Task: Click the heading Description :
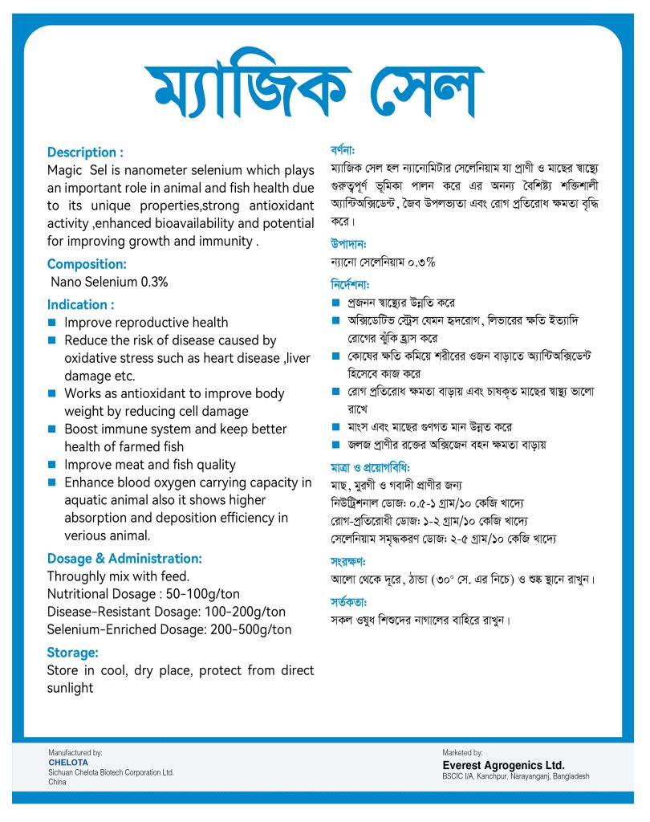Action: pos(85,152)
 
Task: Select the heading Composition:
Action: pos(87,264)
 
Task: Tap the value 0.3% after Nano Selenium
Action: pos(154,282)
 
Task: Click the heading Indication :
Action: pos(80,304)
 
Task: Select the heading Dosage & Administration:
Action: pos(124,558)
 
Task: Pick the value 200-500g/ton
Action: pos(253,629)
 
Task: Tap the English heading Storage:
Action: pos(72,652)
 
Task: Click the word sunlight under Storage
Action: pos(70,688)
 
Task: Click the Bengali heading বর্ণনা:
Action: pos(343,150)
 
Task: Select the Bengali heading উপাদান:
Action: pos(348,243)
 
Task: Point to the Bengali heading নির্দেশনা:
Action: pos(350,284)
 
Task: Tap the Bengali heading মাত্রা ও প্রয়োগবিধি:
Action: pos(370,466)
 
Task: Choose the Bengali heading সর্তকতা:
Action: pos(348,600)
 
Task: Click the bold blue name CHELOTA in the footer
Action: pos(68,762)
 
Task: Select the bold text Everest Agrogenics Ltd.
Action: pos(503,765)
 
